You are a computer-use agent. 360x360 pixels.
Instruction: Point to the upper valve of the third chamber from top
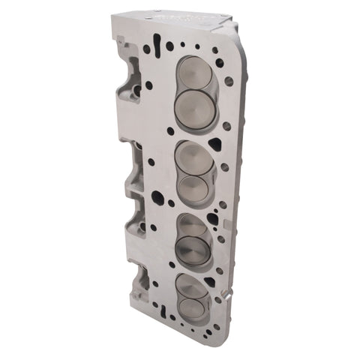click(193, 228)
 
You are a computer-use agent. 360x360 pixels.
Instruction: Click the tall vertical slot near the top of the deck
click(156, 40)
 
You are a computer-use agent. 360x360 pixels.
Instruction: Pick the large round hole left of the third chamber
click(157, 198)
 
